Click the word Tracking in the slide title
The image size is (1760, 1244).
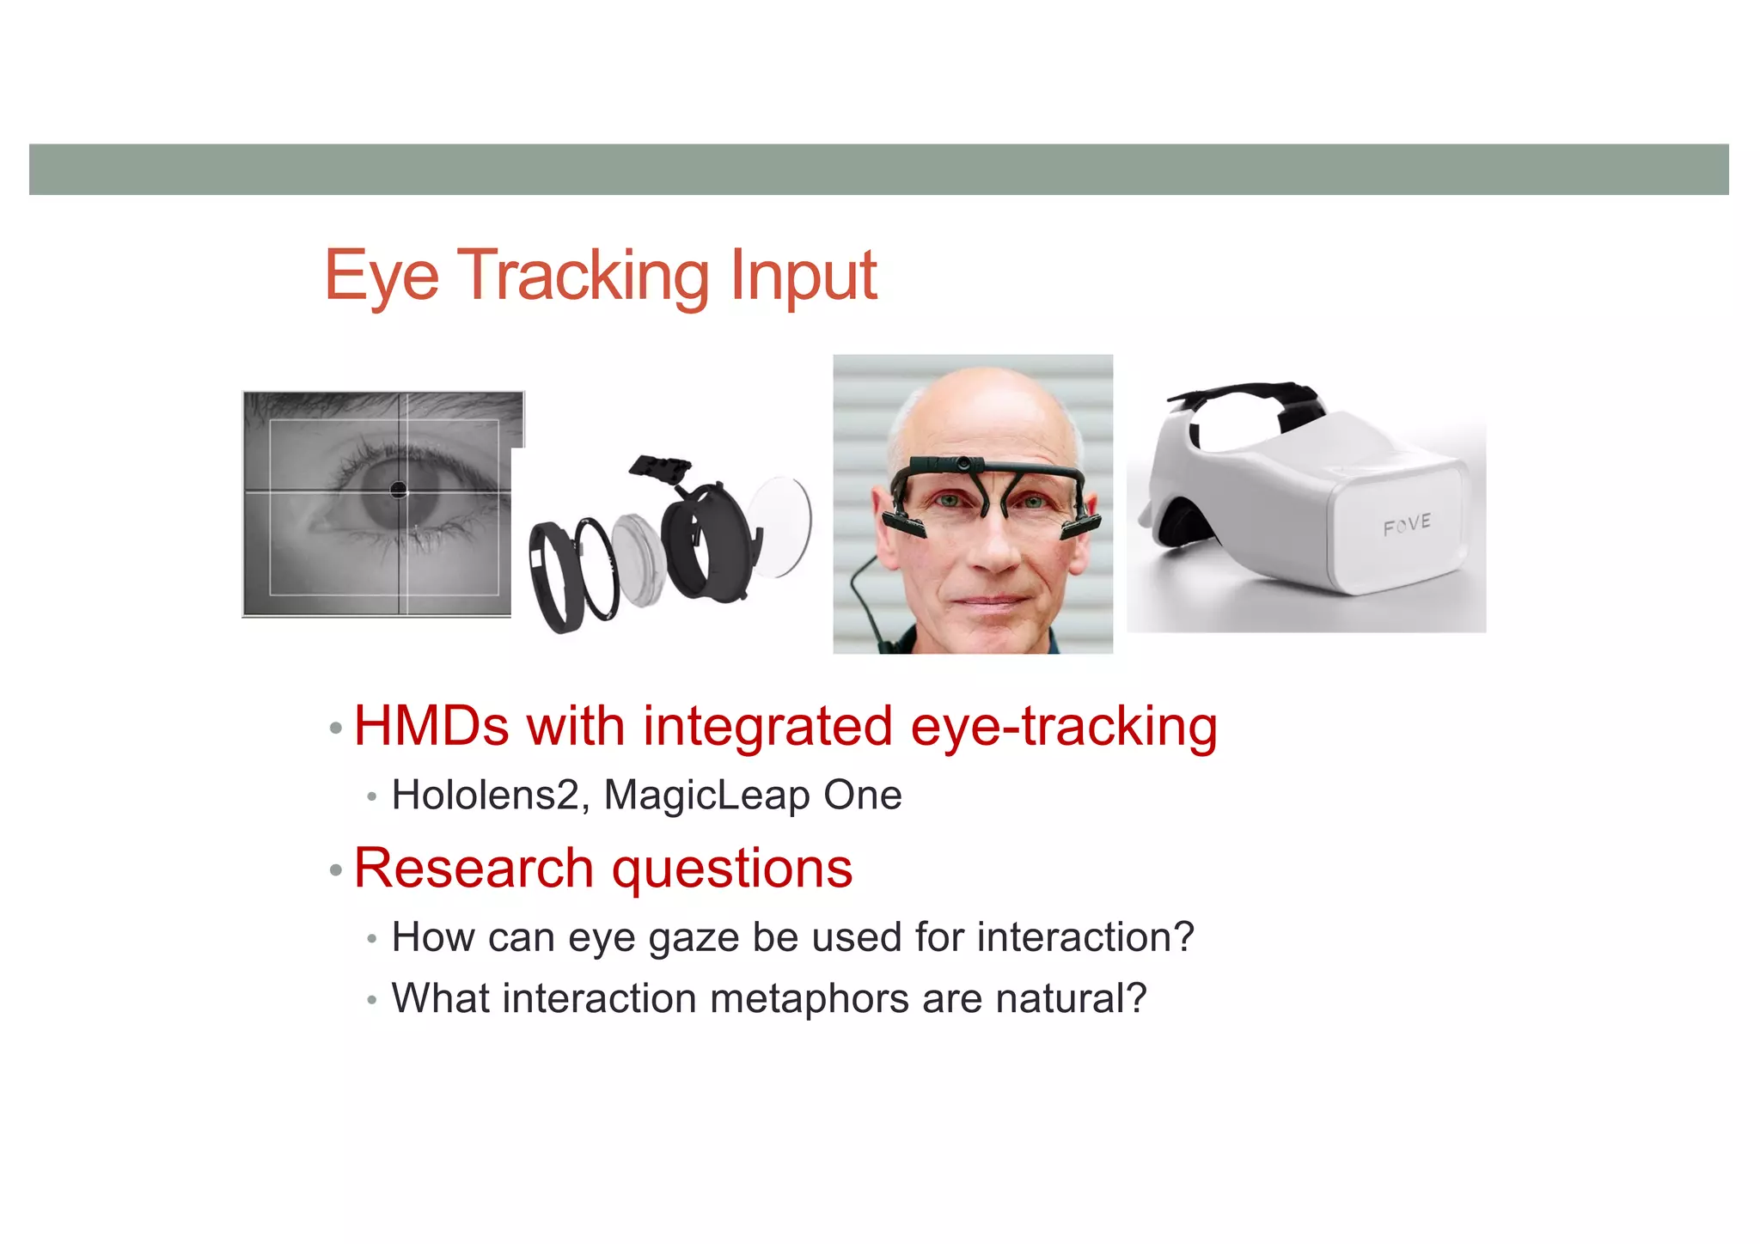(585, 277)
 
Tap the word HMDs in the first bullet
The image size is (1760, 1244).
(431, 727)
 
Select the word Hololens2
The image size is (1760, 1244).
(486, 795)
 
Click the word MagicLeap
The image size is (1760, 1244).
(706, 796)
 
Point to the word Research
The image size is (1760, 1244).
(473, 868)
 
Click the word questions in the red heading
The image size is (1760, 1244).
(732, 869)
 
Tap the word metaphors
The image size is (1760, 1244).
(809, 999)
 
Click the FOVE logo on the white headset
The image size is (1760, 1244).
(1407, 524)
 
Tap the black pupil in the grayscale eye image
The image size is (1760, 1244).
(399, 490)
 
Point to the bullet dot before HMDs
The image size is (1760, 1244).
(336, 729)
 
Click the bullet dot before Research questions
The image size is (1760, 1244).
(336, 871)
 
